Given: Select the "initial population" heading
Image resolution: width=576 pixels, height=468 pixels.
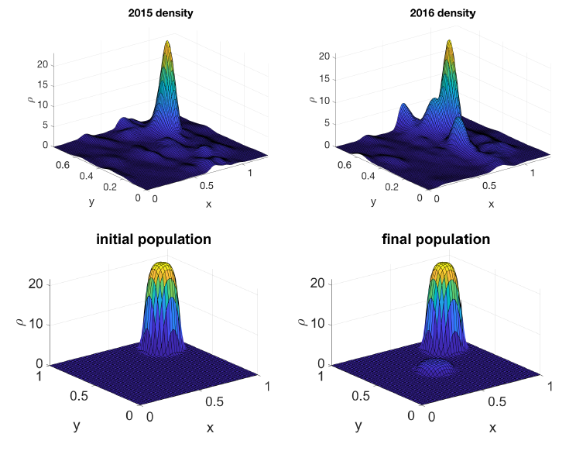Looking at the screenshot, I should coord(153,239).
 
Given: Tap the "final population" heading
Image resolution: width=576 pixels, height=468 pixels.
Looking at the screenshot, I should coord(436,239).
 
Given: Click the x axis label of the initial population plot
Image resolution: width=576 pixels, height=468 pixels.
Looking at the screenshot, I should coord(210,428).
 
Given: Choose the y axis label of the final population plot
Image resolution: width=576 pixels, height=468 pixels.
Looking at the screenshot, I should coord(358,425).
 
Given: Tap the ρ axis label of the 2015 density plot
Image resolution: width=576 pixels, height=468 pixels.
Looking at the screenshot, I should coord(31,98).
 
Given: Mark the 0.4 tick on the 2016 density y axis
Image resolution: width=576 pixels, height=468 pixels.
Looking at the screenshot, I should coord(359,175).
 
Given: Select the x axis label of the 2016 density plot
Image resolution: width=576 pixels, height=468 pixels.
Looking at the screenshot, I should coord(491,204).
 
